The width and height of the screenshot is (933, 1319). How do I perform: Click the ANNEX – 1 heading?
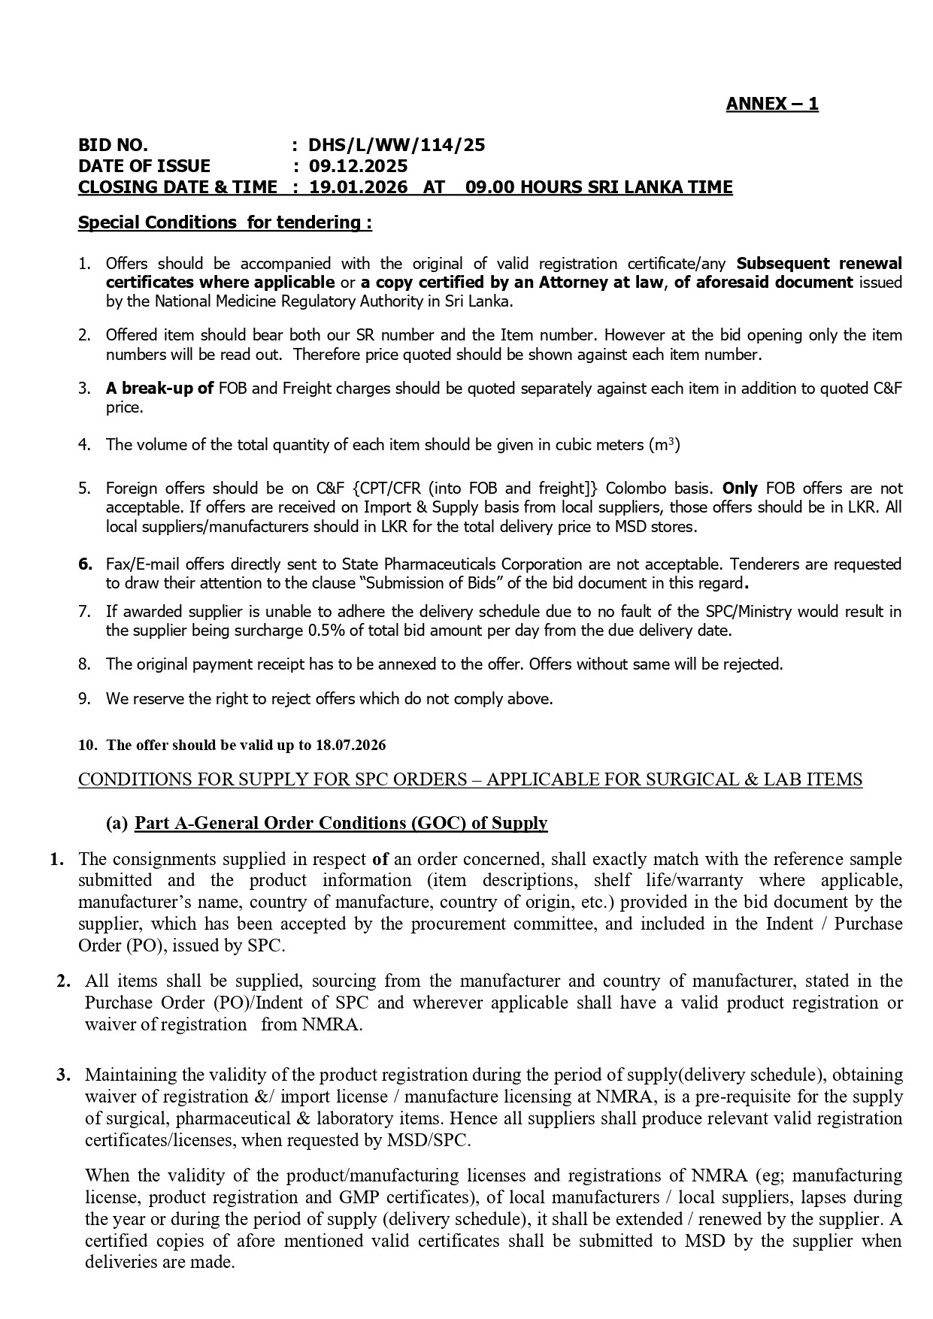point(771,104)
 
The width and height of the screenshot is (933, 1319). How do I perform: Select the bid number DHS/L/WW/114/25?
point(397,145)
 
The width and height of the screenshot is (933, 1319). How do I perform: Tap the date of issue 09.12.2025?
point(358,166)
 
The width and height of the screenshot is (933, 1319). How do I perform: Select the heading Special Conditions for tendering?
point(225,222)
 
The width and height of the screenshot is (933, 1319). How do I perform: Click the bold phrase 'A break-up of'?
point(159,389)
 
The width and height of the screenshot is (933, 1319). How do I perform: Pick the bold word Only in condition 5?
point(740,488)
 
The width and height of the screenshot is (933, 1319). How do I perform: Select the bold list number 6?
point(85,564)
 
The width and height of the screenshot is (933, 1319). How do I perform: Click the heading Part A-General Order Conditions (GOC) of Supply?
point(341,823)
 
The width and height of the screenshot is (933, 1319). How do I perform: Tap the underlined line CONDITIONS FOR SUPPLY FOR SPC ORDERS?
point(470,779)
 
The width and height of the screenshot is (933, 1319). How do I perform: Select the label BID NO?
point(113,145)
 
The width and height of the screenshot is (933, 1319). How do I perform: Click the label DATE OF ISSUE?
point(144,166)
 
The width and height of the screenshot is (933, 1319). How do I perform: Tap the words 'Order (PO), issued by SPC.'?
point(181,945)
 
